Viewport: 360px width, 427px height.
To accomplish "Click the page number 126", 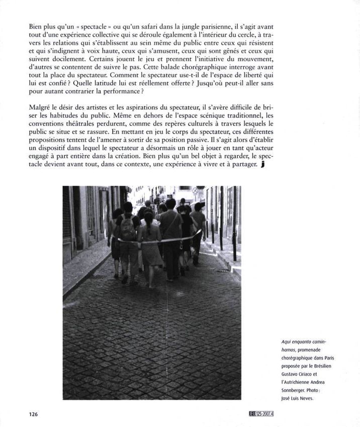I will [x=33, y=414].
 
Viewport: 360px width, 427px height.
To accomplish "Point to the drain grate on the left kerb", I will [x=99, y=277].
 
